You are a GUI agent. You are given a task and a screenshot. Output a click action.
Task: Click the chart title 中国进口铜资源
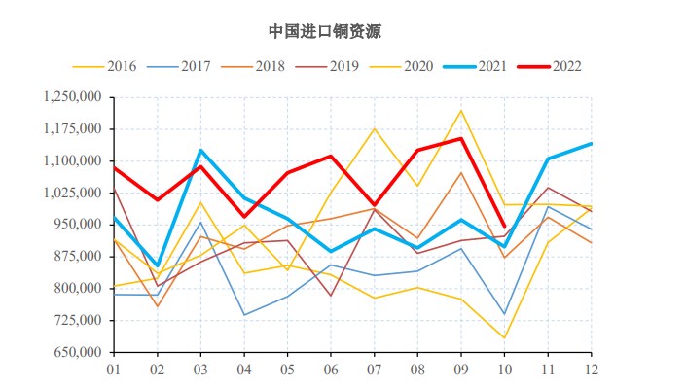pos(326,31)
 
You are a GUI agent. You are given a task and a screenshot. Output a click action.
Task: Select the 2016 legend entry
pos(121,66)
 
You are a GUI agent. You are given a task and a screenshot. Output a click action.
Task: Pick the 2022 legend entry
pos(567,66)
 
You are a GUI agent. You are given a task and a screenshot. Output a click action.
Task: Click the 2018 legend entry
pos(270,66)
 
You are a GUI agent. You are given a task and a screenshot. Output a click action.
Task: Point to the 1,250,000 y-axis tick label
pos(74,97)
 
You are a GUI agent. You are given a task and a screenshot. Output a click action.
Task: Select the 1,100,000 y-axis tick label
pos(74,161)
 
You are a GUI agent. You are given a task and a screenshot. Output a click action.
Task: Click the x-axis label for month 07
pos(374,370)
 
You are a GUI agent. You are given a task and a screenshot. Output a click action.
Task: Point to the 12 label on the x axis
pos(590,370)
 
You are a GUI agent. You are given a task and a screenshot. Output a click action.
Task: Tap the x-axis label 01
pos(114,370)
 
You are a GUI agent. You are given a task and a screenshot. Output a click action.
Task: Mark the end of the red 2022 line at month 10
pos(504,227)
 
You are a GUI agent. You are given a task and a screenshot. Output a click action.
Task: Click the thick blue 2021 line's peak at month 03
pos(200,150)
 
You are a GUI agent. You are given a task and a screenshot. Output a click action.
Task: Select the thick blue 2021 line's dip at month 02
pos(158,265)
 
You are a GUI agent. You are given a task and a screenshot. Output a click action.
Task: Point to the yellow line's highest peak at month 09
pos(460,110)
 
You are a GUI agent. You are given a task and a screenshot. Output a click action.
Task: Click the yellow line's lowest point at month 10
pos(504,338)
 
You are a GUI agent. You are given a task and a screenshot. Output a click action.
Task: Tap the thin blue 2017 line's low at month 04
pos(243,314)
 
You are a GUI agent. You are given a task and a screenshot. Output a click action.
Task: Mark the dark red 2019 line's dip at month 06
pos(331,296)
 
